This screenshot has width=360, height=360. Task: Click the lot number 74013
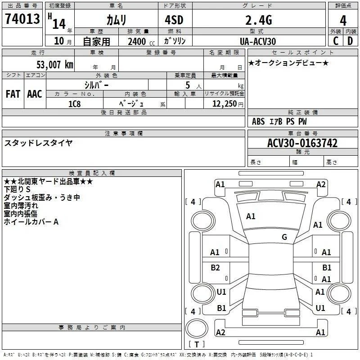22,19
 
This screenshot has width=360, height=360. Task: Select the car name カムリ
116,20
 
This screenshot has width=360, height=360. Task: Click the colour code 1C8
74,103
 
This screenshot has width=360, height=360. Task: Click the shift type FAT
13,94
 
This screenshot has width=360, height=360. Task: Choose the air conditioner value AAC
35,94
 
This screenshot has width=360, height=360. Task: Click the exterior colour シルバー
96,85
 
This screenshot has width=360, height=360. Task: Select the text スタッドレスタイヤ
38,143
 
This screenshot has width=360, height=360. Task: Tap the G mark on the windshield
284,237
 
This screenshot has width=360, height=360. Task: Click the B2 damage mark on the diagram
216,268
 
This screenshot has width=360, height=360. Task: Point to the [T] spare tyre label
196,345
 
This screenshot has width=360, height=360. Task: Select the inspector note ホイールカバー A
31,222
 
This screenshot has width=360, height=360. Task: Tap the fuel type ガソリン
174,41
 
